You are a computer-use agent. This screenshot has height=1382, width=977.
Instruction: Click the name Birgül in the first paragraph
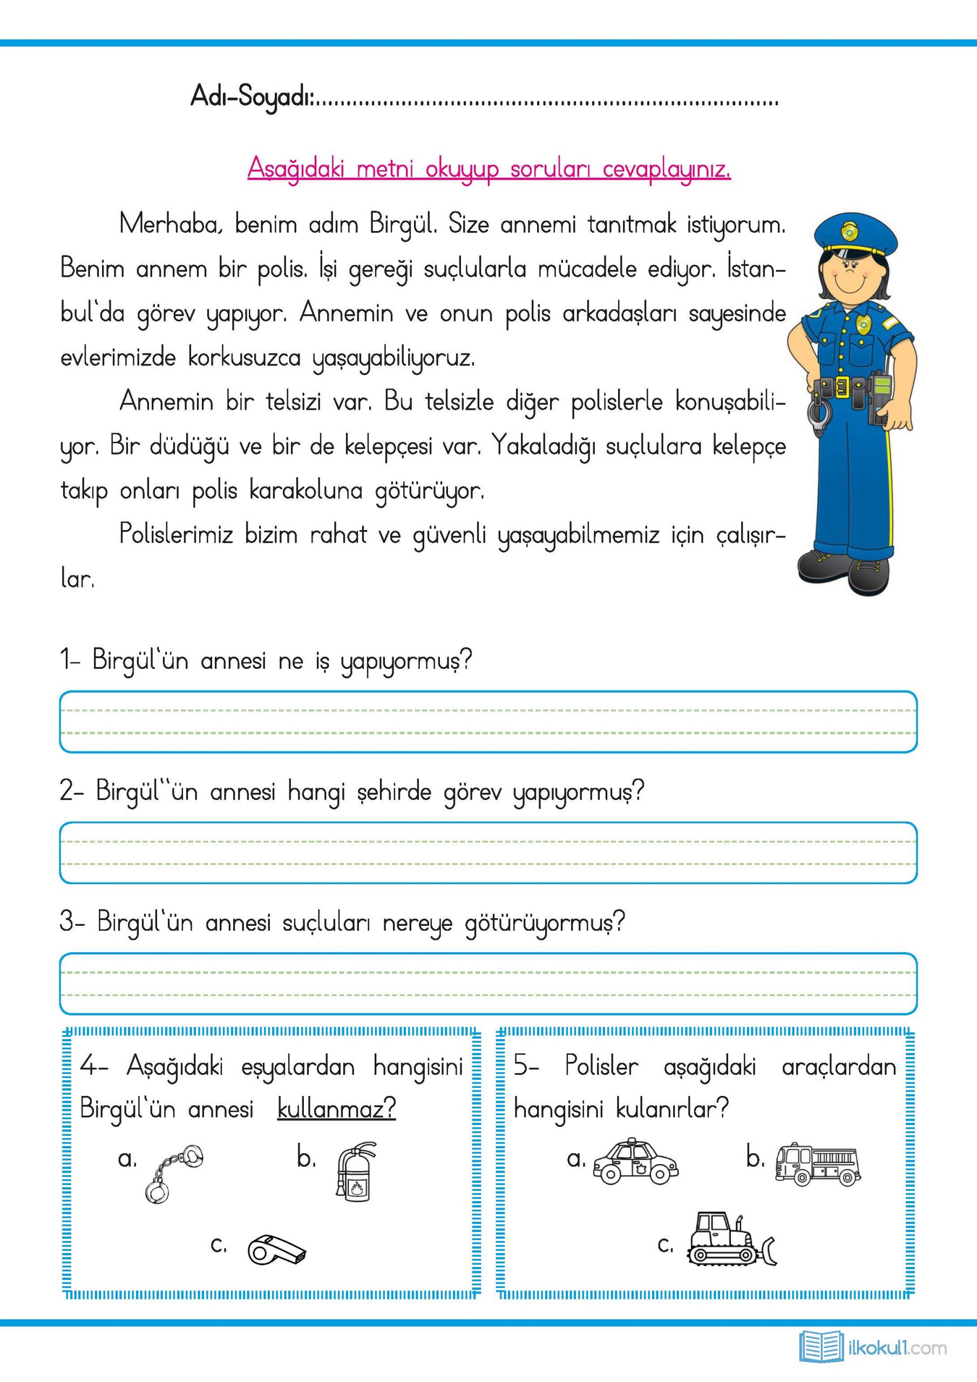402,225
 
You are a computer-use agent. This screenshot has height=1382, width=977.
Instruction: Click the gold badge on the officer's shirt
862,324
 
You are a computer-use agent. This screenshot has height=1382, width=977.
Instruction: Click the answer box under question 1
488,722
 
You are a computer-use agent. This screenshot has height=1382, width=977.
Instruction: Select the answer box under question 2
488,852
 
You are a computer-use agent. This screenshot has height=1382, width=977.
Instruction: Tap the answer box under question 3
488,984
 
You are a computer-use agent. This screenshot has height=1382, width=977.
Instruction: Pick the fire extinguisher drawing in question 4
355,1172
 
